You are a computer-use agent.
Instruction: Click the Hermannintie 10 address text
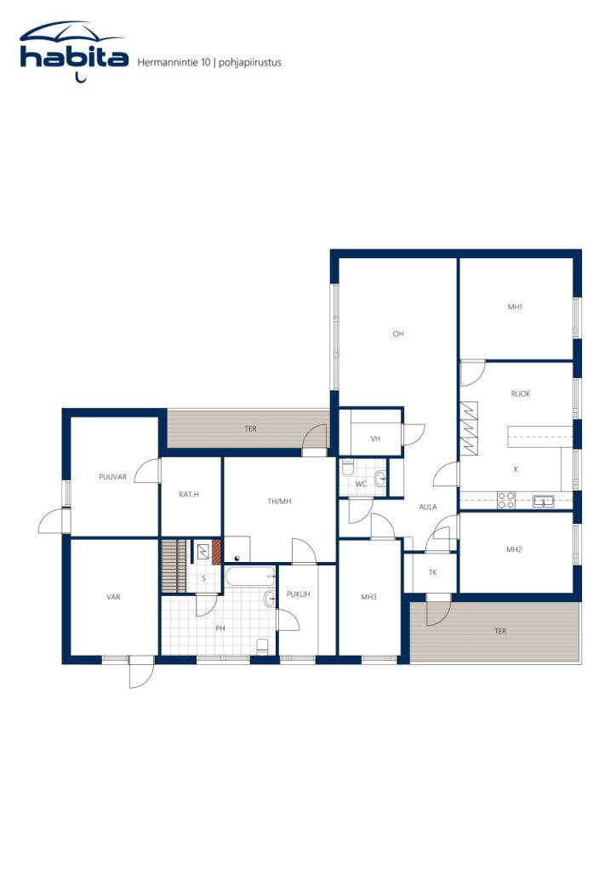(x=174, y=62)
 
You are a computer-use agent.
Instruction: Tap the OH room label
(x=398, y=334)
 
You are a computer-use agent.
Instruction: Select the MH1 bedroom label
(x=515, y=307)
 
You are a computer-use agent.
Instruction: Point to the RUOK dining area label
(x=521, y=393)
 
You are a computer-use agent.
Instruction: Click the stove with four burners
(x=506, y=500)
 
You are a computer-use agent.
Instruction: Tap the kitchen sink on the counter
(x=543, y=501)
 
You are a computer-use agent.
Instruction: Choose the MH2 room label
(x=514, y=549)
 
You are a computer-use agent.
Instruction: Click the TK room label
(x=433, y=572)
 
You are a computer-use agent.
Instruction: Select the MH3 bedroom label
(x=368, y=597)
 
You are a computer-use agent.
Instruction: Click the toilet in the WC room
(x=348, y=468)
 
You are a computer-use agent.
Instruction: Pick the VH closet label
(x=375, y=439)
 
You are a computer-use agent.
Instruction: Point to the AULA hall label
(x=428, y=508)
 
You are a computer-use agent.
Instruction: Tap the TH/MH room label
(x=279, y=502)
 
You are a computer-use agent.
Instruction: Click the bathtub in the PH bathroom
(x=250, y=577)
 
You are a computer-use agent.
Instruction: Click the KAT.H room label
(x=189, y=495)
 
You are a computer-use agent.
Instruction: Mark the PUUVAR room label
(x=113, y=477)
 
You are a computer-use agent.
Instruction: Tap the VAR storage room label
(x=113, y=597)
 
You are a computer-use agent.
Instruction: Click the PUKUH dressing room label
(x=299, y=594)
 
